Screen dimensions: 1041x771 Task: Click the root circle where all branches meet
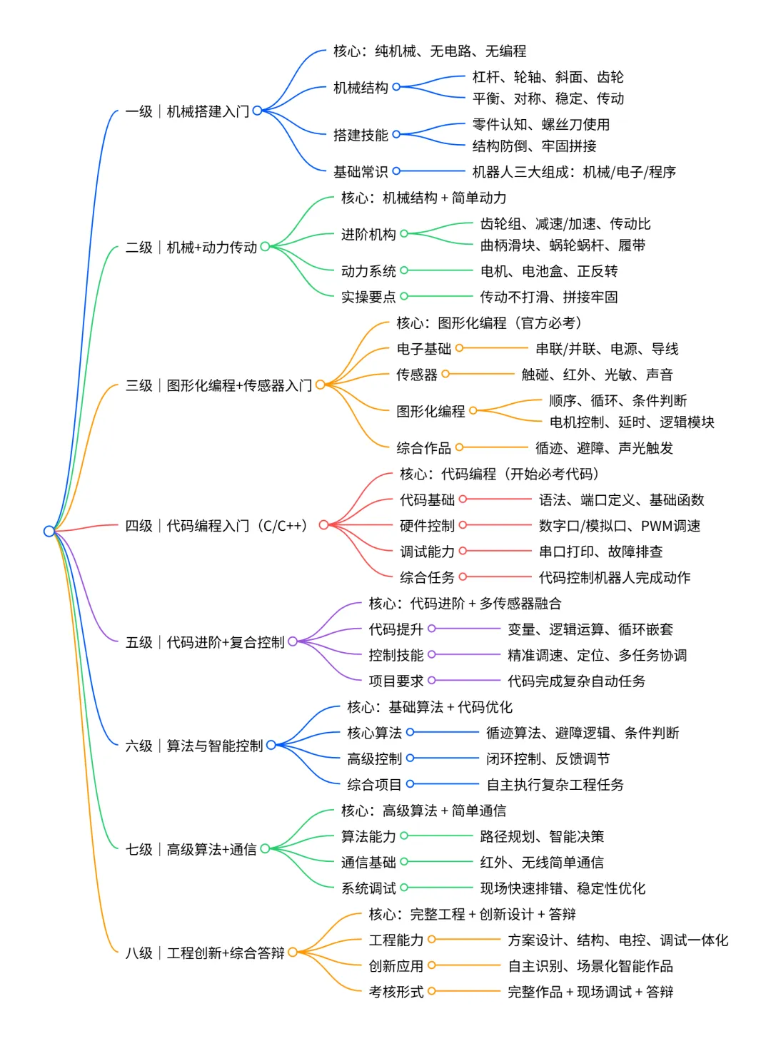[49, 531]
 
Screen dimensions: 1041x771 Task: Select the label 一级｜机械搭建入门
[187, 111]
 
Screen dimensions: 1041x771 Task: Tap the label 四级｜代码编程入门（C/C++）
[216, 526]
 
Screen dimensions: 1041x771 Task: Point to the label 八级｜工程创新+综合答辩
[205, 953]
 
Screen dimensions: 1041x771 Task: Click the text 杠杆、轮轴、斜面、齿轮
[548, 77]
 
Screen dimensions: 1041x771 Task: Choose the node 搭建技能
[361, 135]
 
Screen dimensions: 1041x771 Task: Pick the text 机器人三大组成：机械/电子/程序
[574, 172]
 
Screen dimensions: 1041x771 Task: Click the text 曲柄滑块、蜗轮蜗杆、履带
[563, 245]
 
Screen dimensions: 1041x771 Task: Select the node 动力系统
[368, 271]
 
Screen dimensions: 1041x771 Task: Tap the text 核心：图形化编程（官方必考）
[489, 323]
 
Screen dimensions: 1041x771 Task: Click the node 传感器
[417, 375]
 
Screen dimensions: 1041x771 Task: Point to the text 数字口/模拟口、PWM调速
[619, 526]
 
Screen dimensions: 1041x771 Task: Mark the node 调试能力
[427, 552]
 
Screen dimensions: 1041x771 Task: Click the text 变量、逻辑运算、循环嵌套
[590, 629]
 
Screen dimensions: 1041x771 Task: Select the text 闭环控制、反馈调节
[548, 758]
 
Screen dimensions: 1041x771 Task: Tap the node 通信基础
[368, 863]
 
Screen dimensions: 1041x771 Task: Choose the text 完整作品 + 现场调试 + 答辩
[590, 992]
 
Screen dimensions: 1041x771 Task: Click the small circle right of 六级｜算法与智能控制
[271, 746]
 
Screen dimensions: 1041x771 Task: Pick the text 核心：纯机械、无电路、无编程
[430, 51]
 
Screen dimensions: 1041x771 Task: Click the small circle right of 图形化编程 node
[473, 410]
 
